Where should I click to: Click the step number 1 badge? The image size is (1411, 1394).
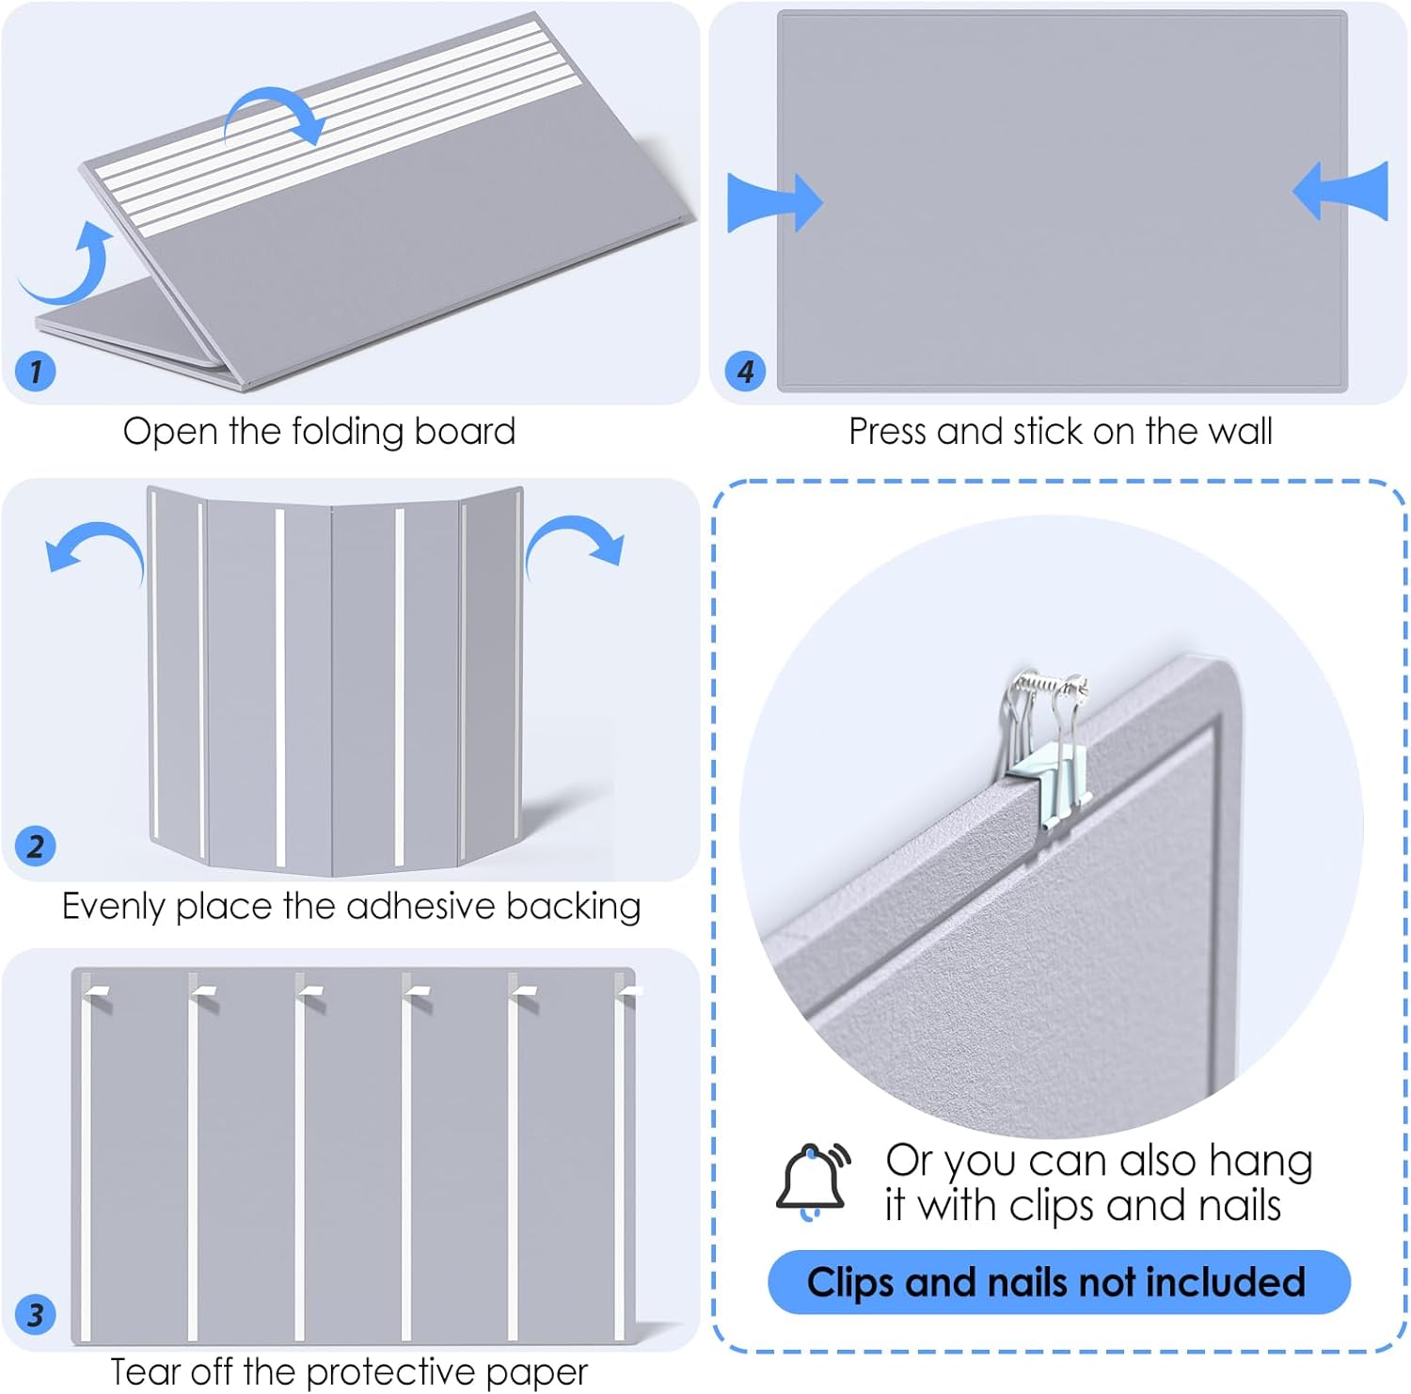pos(36,371)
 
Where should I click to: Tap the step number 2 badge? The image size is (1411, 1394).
pos(36,846)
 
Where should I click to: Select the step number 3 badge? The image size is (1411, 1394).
pos(36,1314)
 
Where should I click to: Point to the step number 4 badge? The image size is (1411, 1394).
pos(745,371)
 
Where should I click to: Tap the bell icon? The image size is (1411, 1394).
pos(812,1180)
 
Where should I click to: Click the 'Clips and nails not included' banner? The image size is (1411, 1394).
pos(1058,1282)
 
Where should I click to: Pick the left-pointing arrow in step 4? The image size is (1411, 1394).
pos(1342,191)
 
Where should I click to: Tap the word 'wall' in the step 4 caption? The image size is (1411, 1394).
pos(1240,432)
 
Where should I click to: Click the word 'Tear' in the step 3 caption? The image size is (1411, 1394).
pos(145,1372)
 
